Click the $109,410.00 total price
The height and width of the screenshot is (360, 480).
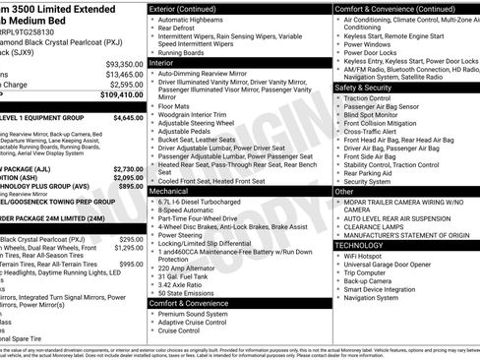pyautogui.click(x=121, y=96)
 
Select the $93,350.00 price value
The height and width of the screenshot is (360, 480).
pyautogui.click(x=123, y=63)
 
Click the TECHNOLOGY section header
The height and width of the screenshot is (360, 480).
pyautogui.click(x=366, y=245)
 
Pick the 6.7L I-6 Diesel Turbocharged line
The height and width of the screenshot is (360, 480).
pyautogui.click(x=207, y=201)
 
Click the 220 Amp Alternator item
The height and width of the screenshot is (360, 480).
pyautogui.click(x=190, y=266)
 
